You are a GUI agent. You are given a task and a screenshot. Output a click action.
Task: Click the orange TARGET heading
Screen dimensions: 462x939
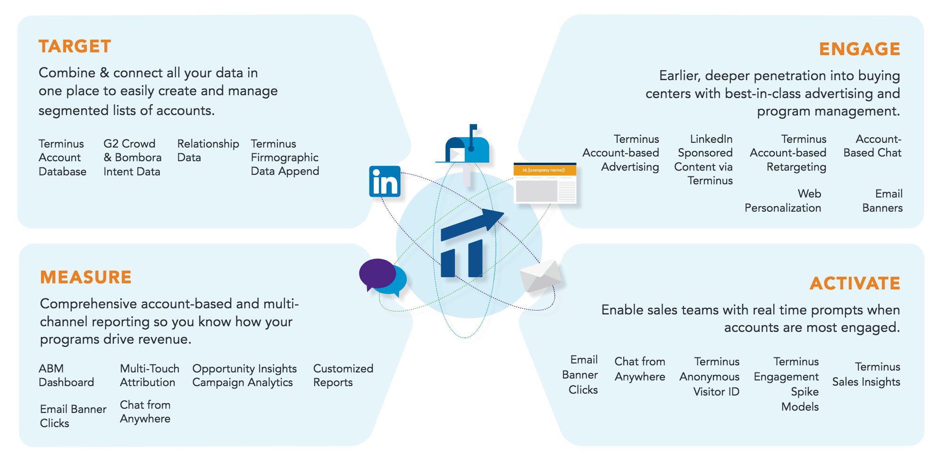75,46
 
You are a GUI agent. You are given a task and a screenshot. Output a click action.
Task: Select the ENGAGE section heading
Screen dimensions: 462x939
859,49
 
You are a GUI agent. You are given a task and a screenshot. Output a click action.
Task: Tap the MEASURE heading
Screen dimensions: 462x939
85,277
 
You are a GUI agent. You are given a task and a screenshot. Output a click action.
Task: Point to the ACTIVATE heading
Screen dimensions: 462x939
855,283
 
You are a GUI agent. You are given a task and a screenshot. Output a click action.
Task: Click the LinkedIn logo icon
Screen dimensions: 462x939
385,181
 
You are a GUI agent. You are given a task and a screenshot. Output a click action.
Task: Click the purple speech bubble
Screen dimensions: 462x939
377,273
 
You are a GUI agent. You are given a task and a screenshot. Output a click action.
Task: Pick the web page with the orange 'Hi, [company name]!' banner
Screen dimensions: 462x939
545,183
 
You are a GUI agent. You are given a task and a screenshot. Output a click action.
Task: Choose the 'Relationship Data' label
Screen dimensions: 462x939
208,150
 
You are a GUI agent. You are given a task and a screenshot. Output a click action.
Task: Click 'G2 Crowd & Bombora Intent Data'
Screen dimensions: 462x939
132,157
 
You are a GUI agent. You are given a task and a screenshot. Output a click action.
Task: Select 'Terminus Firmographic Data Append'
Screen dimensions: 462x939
285,157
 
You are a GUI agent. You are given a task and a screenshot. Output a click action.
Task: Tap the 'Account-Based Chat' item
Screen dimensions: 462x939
872,146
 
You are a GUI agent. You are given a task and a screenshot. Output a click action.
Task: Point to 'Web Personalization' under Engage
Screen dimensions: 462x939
783,201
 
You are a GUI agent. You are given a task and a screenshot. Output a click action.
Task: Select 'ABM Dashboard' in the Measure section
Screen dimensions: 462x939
66,375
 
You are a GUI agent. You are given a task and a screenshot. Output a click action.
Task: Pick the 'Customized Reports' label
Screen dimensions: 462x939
343,375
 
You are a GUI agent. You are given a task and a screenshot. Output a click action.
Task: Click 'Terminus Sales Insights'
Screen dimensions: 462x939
866,374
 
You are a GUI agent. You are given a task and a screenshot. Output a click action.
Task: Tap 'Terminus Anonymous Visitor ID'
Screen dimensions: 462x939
710,377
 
